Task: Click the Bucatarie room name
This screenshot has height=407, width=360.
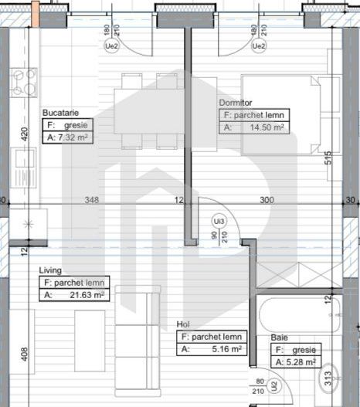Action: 61,112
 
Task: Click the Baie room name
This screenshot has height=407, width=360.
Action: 280,338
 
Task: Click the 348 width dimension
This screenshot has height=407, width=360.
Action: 92,200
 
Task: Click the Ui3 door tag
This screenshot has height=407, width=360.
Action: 219,222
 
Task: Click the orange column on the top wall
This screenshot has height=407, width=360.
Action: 35,13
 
